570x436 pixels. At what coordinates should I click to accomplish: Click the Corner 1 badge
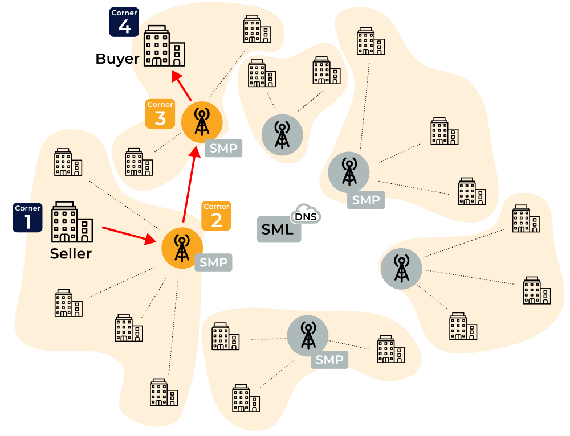click(x=27, y=217)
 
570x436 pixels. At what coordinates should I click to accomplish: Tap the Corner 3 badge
click(x=160, y=113)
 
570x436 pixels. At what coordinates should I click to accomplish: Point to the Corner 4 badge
click(x=124, y=22)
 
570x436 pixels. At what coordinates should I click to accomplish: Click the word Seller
click(x=71, y=254)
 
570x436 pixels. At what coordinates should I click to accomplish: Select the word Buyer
click(x=117, y=59)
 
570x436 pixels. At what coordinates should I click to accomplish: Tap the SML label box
click(x=278, y=230)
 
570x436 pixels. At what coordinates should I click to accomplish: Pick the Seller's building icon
click(x=72, y=223)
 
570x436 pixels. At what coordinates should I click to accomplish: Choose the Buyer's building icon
click(x=164, y=46)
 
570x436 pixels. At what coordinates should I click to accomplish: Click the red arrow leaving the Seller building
click(x=130, y=235)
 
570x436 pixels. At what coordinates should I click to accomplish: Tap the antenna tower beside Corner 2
click(x=182, y=248)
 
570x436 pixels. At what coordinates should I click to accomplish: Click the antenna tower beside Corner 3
click(x=201, y=121)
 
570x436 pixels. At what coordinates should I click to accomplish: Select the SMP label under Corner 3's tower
click(x=224, y=149)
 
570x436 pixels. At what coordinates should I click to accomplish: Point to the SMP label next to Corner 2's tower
click(x=214, y=262)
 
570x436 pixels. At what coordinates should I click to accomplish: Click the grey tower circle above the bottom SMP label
click(x=308, y=335)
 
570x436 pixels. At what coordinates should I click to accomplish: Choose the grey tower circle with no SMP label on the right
click(x=401, y=268)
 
